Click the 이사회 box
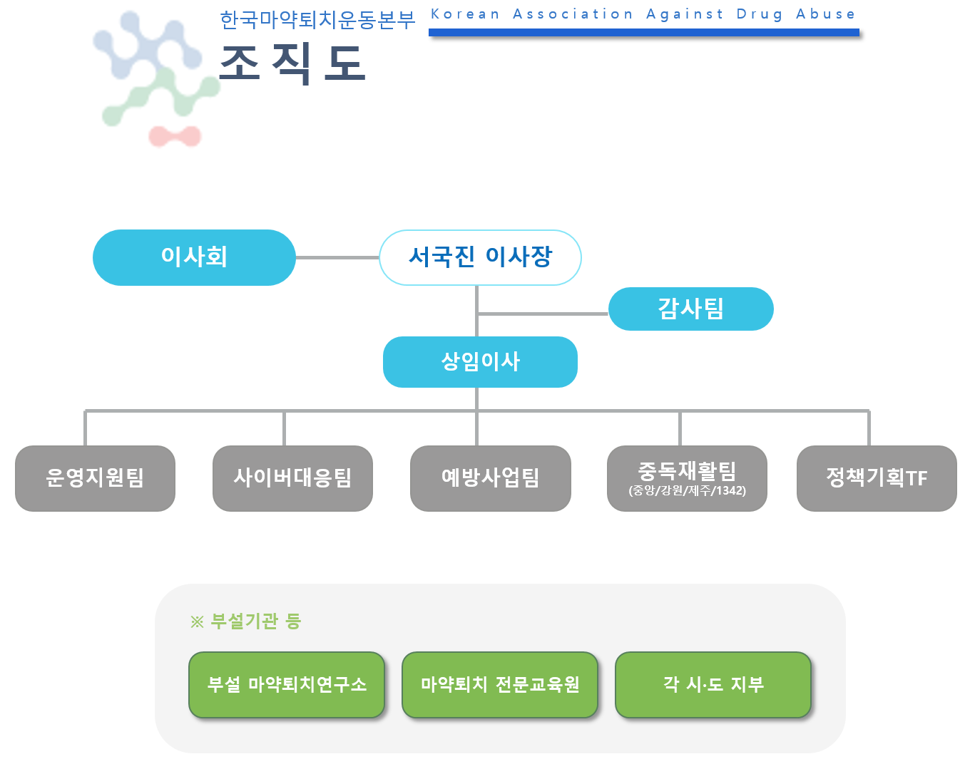194,257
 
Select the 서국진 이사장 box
480,257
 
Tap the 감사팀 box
690,309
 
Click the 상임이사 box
480,362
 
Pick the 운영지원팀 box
95,478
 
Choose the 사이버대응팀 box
292,478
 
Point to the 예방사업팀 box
491,478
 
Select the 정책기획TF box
877,478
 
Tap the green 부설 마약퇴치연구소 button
287,685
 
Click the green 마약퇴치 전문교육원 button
500,685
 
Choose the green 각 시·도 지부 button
713,685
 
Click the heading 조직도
292,64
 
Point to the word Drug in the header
760,14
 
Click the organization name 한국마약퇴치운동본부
317,20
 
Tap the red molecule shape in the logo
175,135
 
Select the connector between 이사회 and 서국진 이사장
337,257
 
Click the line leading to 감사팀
542,314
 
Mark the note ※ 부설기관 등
246,621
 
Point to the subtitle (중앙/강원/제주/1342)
687,491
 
